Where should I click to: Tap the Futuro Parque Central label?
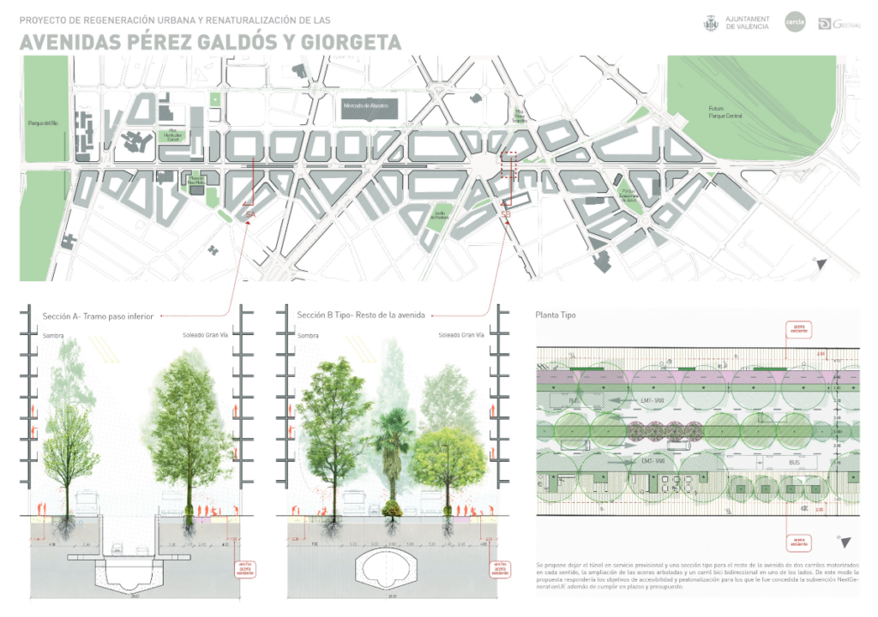(723, 111)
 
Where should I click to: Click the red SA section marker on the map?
(250, 213)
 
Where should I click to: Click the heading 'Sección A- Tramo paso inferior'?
(98, 316)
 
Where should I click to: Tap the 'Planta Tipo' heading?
(556, 315)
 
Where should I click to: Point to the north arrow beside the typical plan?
(846, 542)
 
